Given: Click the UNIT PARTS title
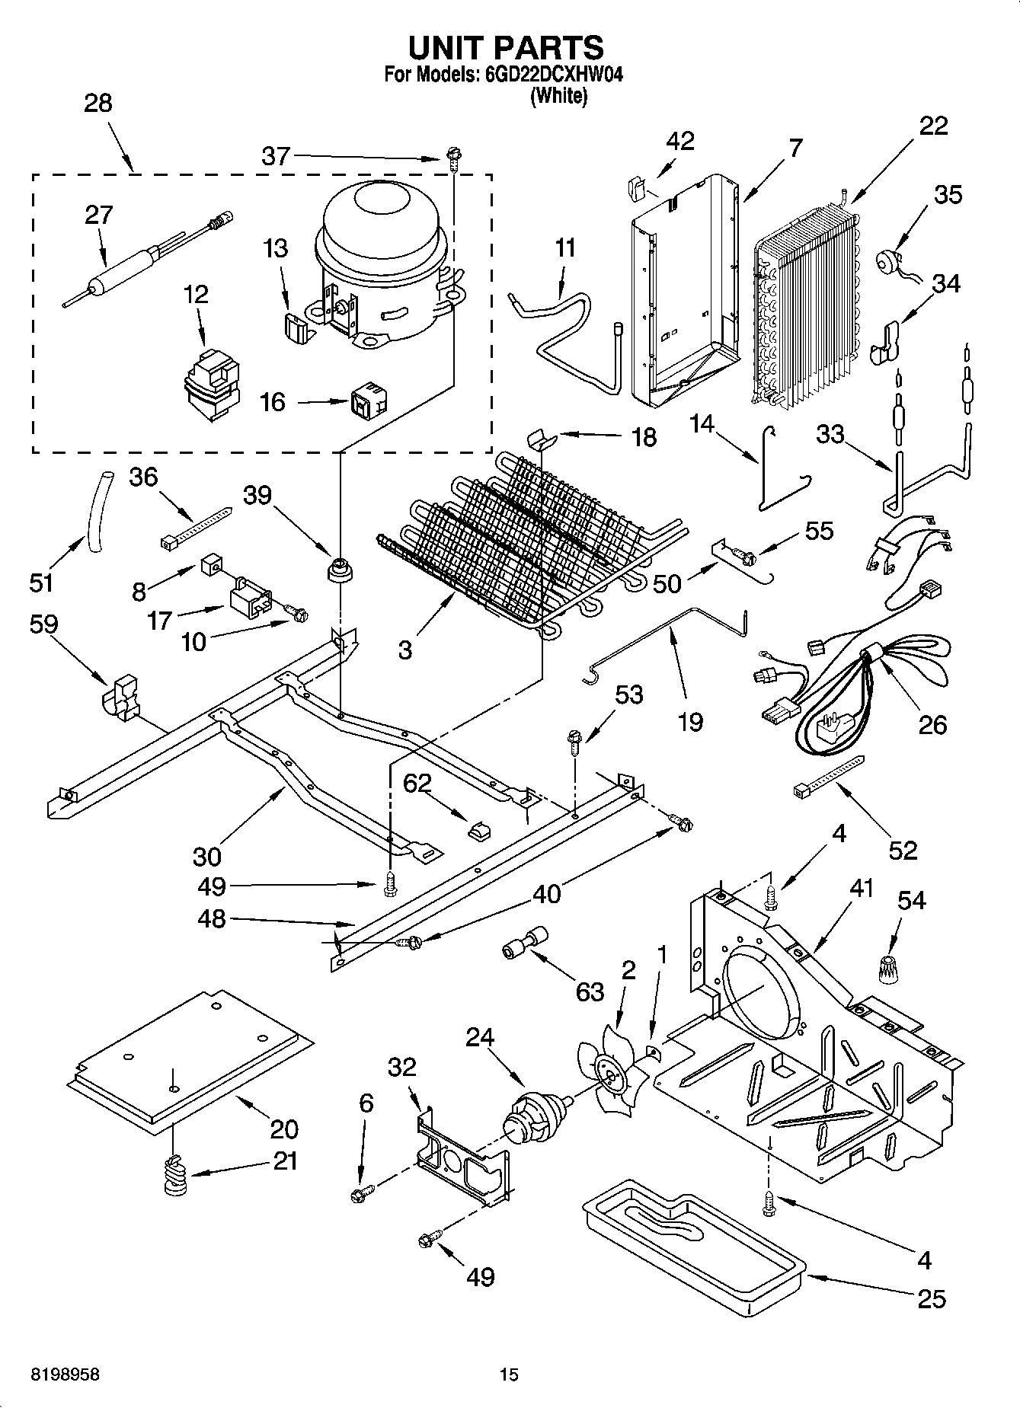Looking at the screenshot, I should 506,48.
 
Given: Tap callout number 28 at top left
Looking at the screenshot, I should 98,104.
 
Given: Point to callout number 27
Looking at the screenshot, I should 99,215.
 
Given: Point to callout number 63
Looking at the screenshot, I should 590,991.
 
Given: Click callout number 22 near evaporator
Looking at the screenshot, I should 933,126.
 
